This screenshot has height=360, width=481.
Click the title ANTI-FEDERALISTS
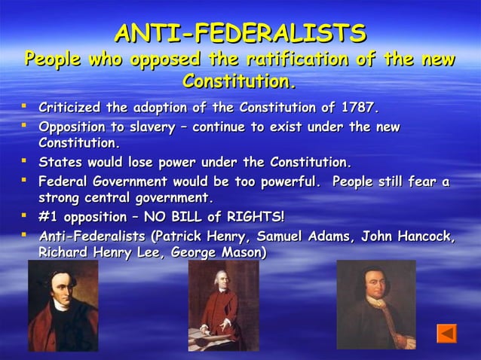point(240,33)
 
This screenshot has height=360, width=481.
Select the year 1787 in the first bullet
point(357,107)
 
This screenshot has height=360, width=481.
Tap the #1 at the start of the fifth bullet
point(47,218)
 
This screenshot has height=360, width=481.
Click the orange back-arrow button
point(447,332)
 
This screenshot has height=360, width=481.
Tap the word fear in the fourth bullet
point(424,182)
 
